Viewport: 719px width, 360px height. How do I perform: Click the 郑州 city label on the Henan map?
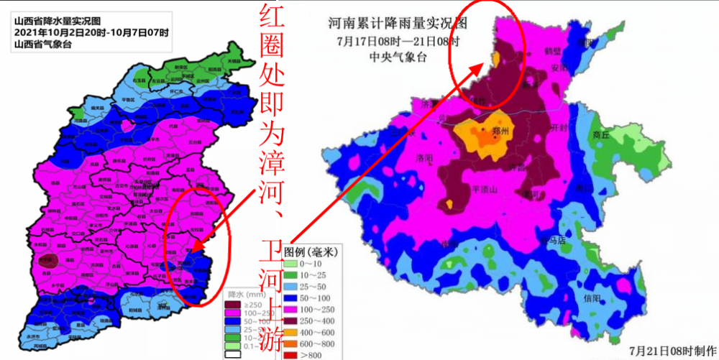[x=498, y=133]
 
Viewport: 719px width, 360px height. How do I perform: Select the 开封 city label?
[x=558, y=128]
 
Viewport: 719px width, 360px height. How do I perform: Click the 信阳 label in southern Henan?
[x=592, y=298]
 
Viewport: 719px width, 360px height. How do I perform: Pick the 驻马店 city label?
[x=553, y=240]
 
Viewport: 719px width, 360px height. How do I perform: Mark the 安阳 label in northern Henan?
[x=559, y=68]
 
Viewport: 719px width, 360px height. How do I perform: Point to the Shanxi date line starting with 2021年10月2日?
[x=91, y=32]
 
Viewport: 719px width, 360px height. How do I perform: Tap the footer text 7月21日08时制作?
[x=669, y=351]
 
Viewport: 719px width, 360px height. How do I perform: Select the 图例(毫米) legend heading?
[x=311, y=252]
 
